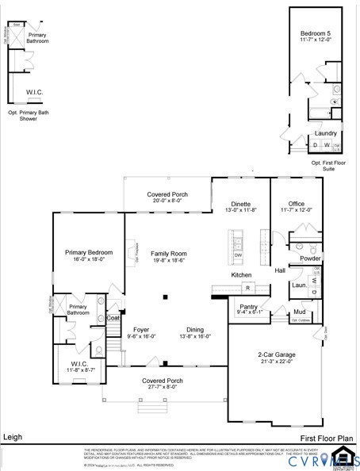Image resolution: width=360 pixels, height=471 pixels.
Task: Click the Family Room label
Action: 168,253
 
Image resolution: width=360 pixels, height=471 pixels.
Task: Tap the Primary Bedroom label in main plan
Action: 89,252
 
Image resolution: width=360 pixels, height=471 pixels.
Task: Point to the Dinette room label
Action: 240,203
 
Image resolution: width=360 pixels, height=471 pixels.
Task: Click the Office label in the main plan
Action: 297,203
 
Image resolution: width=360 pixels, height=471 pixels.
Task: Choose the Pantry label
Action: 248,306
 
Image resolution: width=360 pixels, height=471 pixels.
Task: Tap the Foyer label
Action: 141,330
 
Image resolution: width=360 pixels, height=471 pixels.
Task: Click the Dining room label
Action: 195,330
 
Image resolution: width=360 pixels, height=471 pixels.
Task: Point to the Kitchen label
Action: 241,274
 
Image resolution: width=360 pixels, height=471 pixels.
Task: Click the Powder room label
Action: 310,258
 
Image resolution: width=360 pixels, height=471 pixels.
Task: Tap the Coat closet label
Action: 113,318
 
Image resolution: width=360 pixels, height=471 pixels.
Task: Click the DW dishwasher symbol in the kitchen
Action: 238,255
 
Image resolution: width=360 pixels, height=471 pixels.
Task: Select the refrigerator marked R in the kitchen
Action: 247,287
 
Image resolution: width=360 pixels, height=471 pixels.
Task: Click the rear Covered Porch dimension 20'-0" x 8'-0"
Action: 168,201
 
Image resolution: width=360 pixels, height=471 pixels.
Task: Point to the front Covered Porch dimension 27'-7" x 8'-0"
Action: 163,387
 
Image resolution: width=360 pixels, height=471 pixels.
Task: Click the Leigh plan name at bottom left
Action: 13,436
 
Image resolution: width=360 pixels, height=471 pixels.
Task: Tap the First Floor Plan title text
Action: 325,437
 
